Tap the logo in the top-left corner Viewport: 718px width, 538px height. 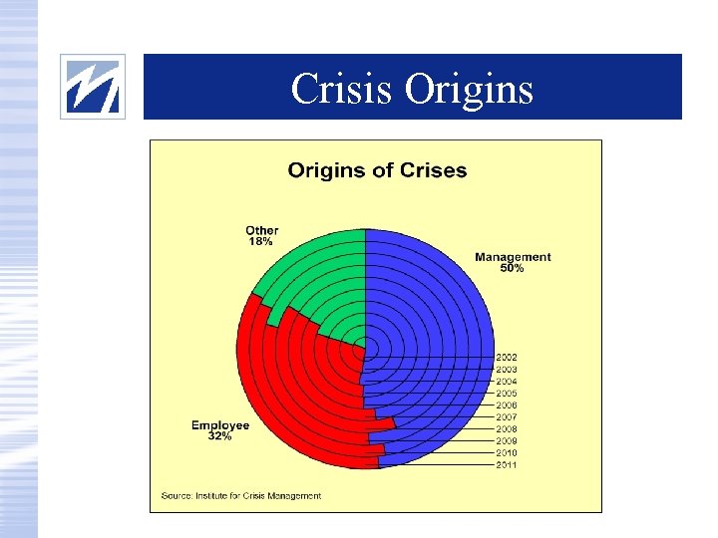click(93, 87)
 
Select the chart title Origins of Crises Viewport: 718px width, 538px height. click(377, 170)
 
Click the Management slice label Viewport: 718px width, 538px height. click(513, 257)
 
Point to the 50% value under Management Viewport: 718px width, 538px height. click(513, 268)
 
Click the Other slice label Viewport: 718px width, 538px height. click(262, 230)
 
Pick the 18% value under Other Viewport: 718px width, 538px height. click(262, 241)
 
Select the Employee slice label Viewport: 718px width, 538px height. click(220, 425)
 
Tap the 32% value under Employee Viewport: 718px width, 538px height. click(220, 436)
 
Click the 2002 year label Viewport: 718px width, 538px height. click(507, 357)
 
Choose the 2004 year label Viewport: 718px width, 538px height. click(507, 381)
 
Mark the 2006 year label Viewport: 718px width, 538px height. click(507, 404)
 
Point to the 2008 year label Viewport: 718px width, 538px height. click(507, 428)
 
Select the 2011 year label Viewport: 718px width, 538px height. click(507, 464)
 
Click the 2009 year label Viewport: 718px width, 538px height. click(507, 440)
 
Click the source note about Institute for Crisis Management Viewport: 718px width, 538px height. click(241, 495)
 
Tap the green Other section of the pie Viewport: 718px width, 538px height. click(319, 279)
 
